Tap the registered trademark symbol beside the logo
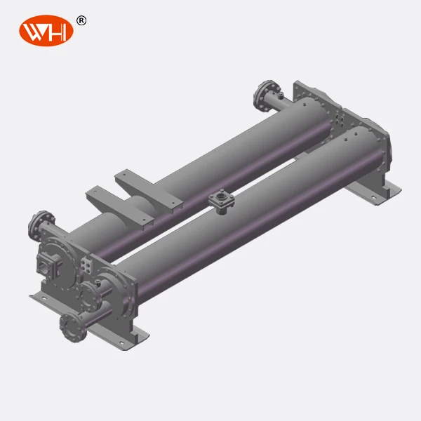pos(81,20)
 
